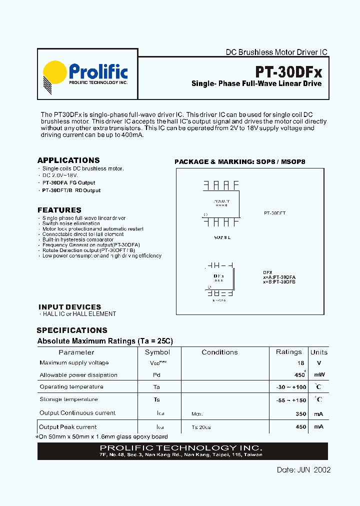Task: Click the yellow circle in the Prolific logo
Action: (54, 72)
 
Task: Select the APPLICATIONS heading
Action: (68, 160)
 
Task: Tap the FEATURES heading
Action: (59, 210)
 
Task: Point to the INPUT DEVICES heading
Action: (69, 307)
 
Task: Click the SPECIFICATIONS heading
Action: (72, 330)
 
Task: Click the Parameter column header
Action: (76, 352)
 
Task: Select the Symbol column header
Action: (157, 352)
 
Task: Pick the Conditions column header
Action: (219, 352)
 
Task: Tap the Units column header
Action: (318, 352)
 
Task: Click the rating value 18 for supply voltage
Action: (300, 363)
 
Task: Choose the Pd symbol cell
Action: (157, 375)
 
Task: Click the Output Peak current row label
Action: (68, 427)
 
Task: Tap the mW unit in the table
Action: (319, 375)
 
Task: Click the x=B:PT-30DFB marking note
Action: (279, 281)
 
